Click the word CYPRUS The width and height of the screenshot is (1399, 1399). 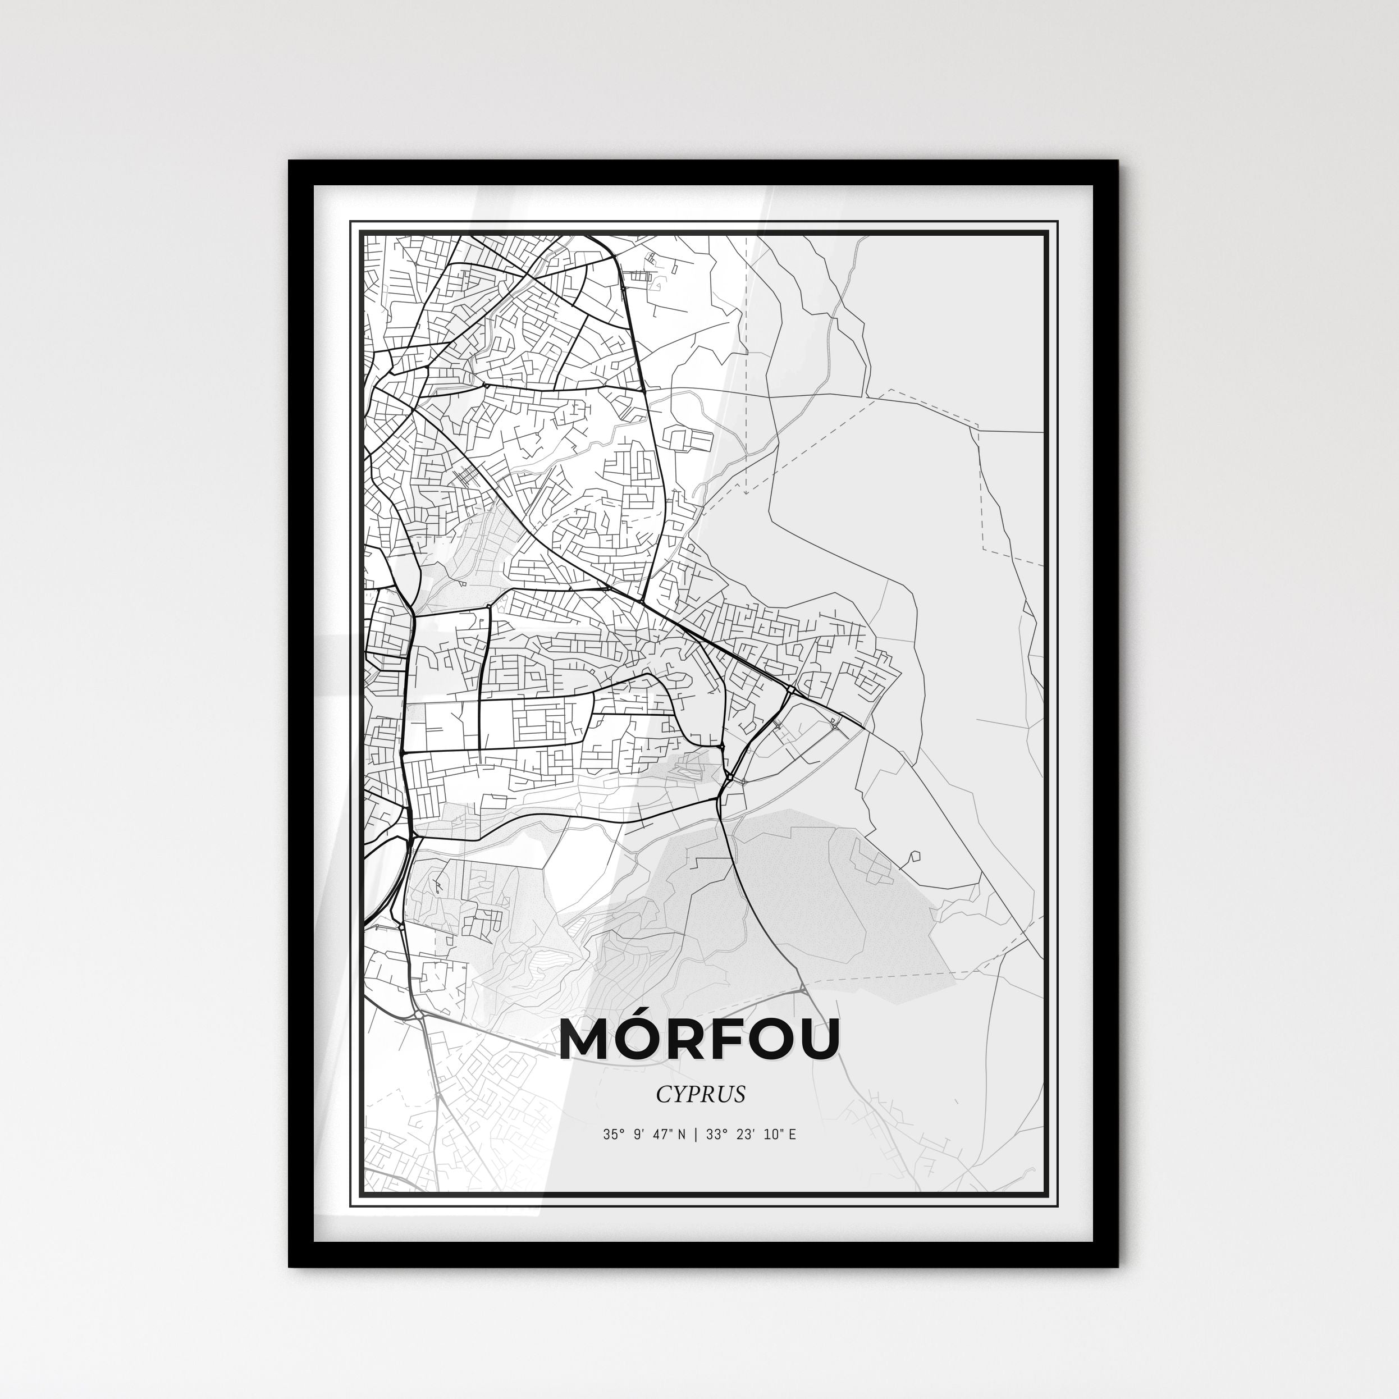[700, 1094]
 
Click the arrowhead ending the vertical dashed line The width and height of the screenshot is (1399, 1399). [745, 492]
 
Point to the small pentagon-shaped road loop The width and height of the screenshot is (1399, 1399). [915, 856]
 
